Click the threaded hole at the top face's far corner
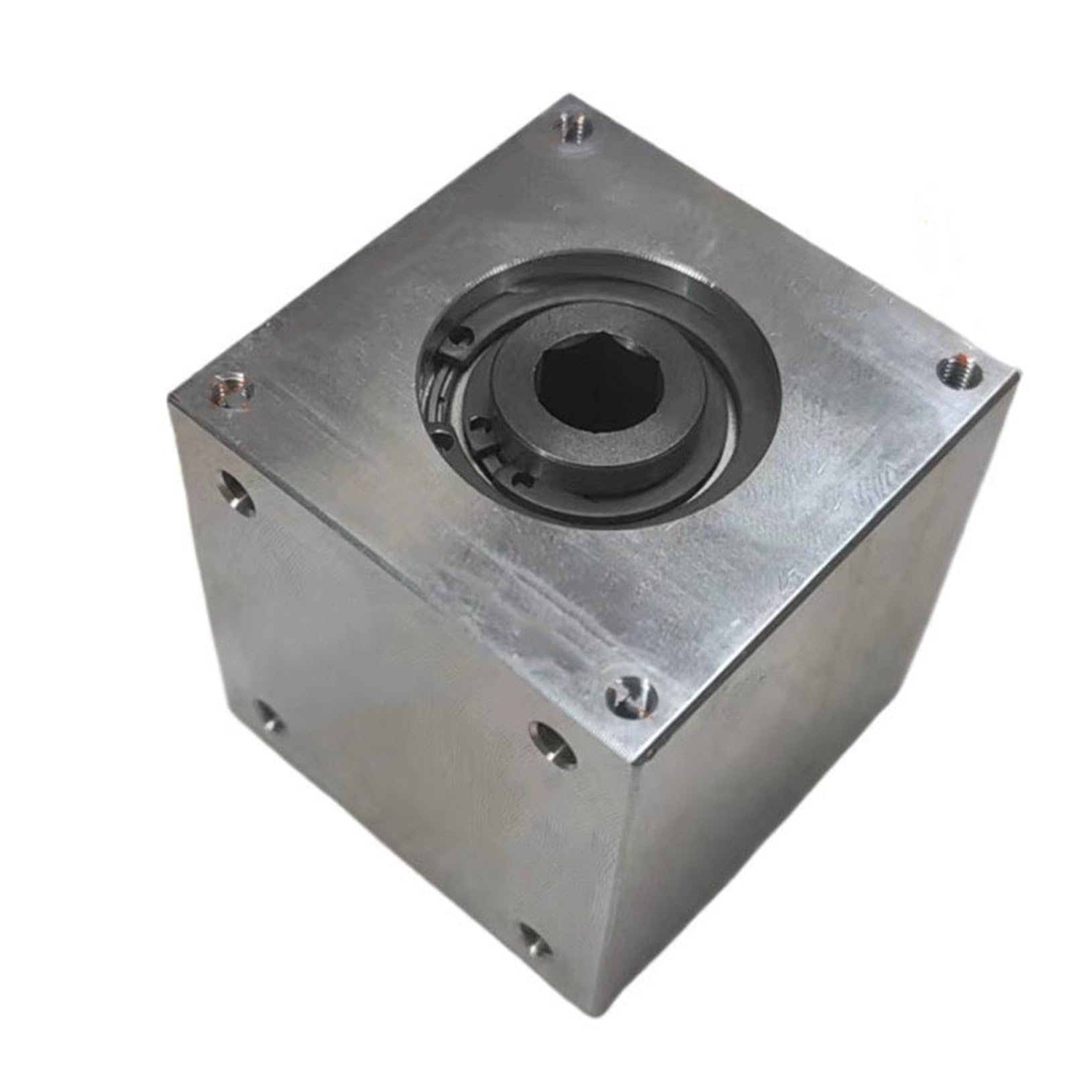574,127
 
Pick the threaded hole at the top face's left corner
228,391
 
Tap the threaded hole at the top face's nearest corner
630,695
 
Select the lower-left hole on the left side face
269,718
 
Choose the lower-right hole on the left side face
535,938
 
